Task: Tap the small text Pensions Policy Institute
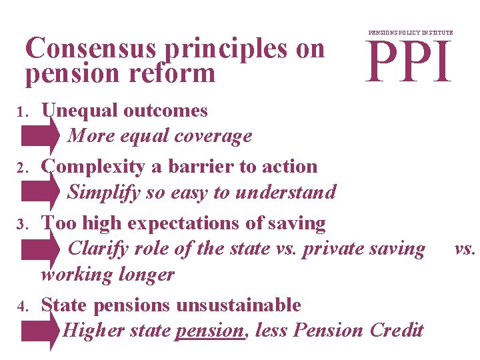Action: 411,33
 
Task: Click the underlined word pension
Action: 209,330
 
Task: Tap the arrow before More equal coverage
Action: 41,135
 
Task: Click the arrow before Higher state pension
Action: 41,331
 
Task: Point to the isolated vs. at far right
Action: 465,249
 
